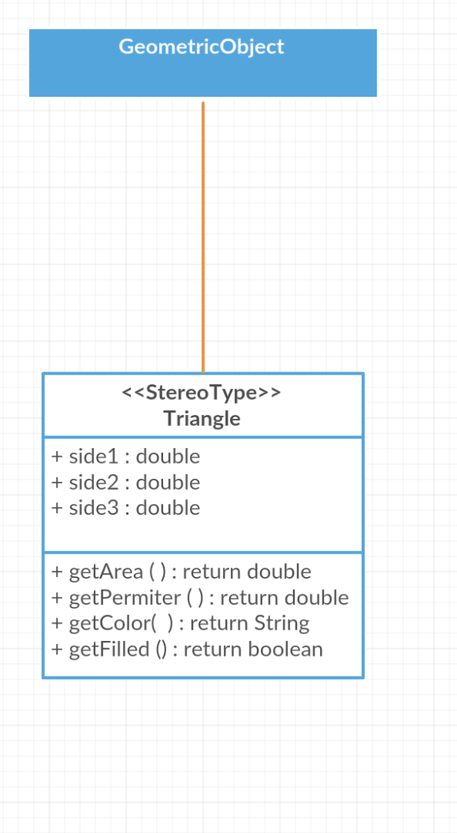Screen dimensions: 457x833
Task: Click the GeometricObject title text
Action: (202, 46)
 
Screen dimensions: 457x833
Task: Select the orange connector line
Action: (203, 238)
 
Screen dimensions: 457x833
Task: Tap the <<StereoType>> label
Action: (202, 393)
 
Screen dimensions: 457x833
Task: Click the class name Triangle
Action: (202, 419)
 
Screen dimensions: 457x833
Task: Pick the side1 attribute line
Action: (126, 457)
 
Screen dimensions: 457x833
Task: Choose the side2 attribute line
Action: (126, 483)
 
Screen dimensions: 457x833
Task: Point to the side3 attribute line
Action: (126, 508)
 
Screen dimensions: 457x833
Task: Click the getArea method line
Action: (181, 572)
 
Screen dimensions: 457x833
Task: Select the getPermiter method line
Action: (200, 598)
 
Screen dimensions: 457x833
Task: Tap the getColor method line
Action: (180, 623)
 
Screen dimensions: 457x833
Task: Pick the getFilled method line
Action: (187, 650)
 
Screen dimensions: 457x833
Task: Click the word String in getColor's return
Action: (281, 624)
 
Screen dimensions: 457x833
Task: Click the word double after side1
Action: (169, 457)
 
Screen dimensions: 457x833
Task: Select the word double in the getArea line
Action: (280, 572)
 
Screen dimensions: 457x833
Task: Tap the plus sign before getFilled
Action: (58, 650)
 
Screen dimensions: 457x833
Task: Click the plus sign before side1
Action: (58, 457)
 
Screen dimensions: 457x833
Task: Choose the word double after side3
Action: (169, 508)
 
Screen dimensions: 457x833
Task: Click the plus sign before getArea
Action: (58, 572)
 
